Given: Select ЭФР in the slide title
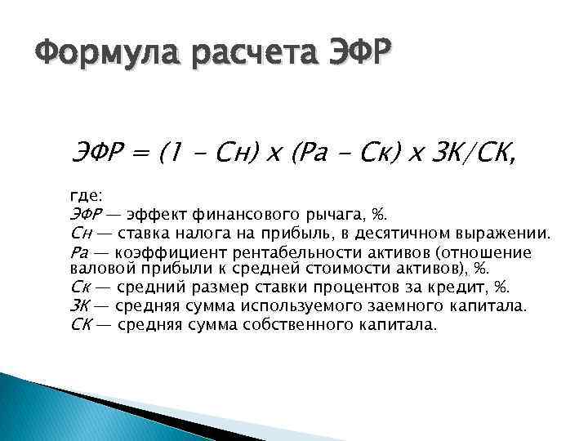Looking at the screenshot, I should (359, 60).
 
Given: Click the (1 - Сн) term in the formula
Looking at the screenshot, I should (209, 152).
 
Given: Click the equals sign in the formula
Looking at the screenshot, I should (142, 152).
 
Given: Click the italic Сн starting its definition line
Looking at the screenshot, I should (80, 234).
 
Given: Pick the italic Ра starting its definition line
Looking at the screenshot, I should (80, 252).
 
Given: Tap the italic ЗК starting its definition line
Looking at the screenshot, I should (80, 306).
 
